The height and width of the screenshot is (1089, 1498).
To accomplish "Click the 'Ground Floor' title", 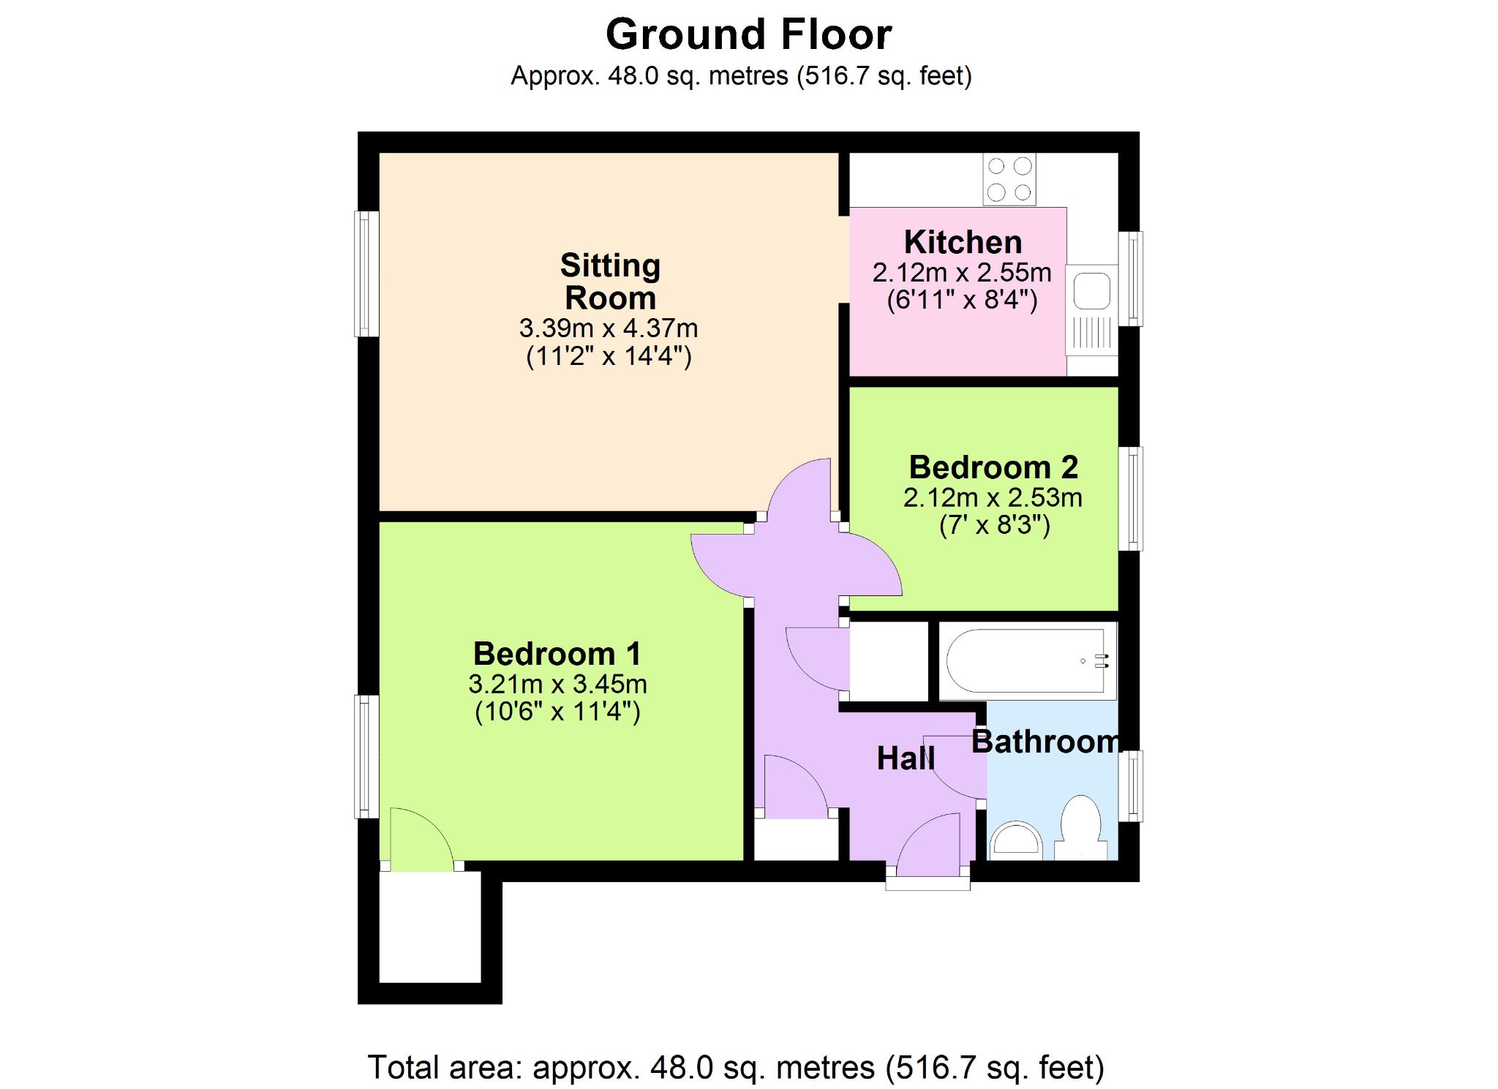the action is pyautogui.click(x=749, y=34).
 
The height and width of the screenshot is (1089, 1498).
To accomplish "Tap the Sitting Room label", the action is pyautogui.click(x=611, y=282).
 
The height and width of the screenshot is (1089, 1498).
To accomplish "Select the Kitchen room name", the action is pyautogui.click(x=963, y=242).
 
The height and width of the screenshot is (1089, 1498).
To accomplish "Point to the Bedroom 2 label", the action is pyautogui.click(x=993, y=467).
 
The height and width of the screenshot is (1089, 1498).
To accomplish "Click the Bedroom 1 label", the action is pyautogui.click(x=557, y=653).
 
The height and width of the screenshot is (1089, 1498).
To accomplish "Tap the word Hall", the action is pyautogui.click(x=906, y=758).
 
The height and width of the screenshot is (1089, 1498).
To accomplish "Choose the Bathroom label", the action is pyautogui.click(x=1046, y=742).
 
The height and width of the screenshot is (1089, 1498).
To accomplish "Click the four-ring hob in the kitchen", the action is pyautogui.click(x=1009, y=180).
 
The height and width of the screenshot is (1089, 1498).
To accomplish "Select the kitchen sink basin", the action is pyautogui.click(x=1091, y=290).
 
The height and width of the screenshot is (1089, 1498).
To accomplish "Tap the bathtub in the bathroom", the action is pyautogui.click(x=1027, y=661).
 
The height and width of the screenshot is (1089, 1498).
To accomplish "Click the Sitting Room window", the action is pyautogui.click(x=366, y=274).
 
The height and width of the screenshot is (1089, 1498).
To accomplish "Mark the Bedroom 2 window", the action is pyautogui.click(x=1131, y=499).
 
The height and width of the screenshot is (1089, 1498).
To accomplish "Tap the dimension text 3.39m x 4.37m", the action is pyautogui.click(x=609, y=328).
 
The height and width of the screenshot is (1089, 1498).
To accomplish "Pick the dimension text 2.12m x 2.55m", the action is pyautogui.click(x=962, y=273).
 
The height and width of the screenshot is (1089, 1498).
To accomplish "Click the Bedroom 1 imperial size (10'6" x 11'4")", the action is pyautogui.click(x=557, y=712).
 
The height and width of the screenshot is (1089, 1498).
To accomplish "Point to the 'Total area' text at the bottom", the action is pyautogui.click(x=735, y=1068).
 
